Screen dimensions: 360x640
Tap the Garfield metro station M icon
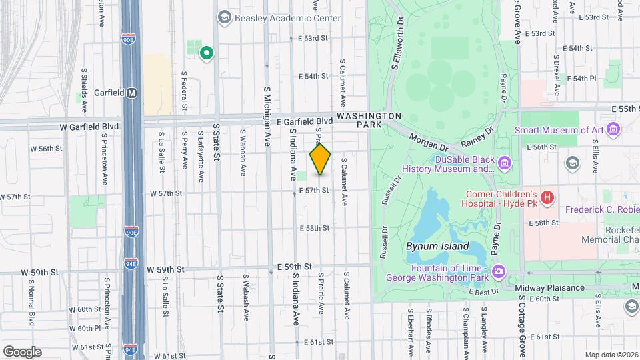(132, 93)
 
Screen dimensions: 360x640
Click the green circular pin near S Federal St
(207, 53)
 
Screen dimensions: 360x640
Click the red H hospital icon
(547, 197)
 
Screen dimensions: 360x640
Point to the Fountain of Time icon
(499, 271)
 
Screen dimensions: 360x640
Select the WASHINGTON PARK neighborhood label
(369, 120)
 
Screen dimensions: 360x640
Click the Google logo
(21, 352)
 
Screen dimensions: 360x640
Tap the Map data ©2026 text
(612, 355)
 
